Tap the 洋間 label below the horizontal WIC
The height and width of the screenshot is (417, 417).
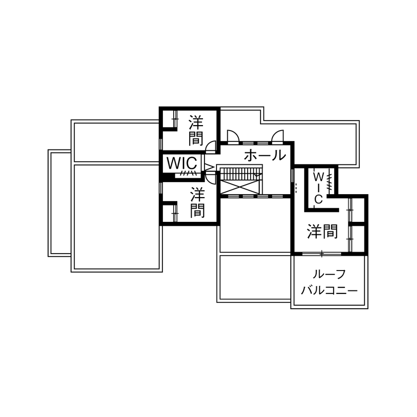click(x=198, y=203)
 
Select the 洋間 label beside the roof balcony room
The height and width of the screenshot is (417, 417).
click(x=323, y=231)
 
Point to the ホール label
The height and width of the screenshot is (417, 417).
click(x=265, y=155)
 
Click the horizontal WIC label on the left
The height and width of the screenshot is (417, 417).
click(x=182, y=162)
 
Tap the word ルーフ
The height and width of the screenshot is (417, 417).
click(x=329, y=275)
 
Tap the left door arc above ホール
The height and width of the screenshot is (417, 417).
click(x=233, y=135)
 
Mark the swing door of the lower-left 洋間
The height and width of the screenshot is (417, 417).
click(x=211, y=177)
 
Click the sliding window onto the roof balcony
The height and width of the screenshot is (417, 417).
click(x=321, y=254)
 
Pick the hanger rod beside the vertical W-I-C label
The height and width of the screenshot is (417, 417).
click(x=329, y=181)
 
